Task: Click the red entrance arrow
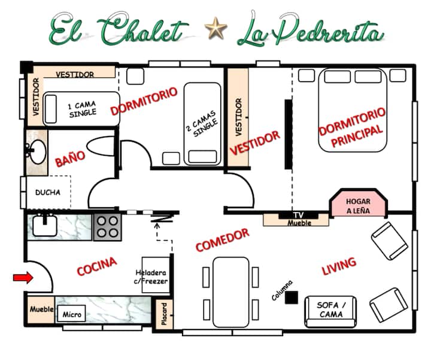23,277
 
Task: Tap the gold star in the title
215,28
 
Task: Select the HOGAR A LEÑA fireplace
358,203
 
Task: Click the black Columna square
292,298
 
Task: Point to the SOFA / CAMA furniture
330,311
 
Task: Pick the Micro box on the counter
71,314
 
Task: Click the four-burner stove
108,227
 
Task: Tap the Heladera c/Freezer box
156,275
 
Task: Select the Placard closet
164,314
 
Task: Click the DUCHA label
48,192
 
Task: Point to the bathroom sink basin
38,152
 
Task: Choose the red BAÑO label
70,159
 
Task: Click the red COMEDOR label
222,240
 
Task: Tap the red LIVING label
339,266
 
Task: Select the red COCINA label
97,266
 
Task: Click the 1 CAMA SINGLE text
83,109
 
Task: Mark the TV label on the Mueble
298,215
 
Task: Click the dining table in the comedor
231,292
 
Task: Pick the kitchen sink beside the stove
45,225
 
